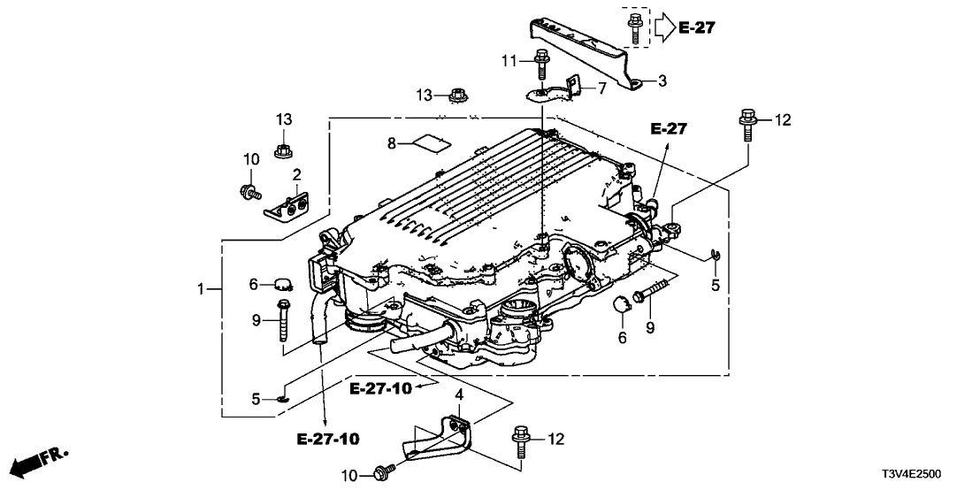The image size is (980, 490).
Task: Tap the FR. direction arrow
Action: [x=41, y=459]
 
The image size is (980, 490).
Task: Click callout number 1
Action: [x=203, y=288]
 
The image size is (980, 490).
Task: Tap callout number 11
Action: [x=509, y=60]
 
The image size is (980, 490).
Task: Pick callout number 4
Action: [x=460, y=393]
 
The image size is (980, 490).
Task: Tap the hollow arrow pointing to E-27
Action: [x=663, y=28]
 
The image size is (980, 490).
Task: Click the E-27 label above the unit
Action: [x=669, y=129]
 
